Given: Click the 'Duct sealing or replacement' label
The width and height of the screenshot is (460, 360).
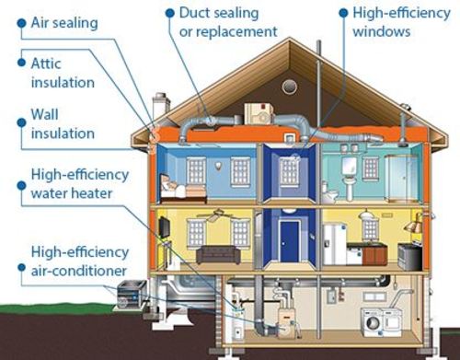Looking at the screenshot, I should tap(223, 23).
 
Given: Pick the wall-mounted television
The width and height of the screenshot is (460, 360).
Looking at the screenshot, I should tap(163, 226).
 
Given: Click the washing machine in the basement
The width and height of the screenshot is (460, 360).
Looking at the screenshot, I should tap(376, 322).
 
